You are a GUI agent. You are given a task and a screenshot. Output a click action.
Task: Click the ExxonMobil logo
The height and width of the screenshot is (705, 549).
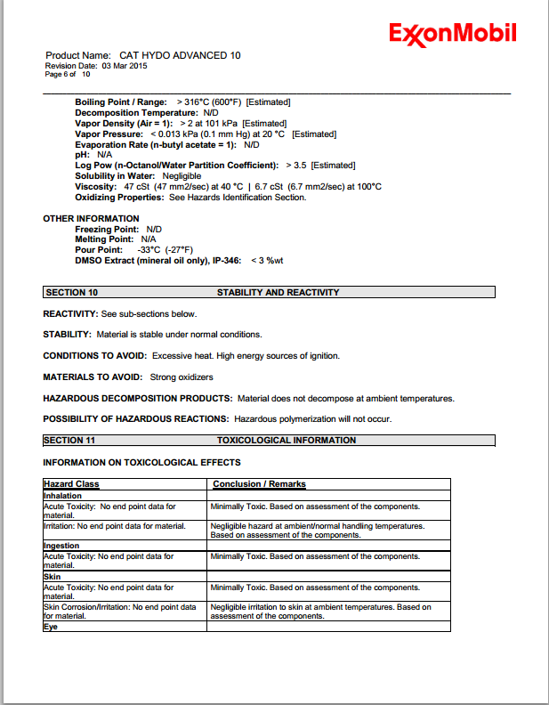coord(452,34)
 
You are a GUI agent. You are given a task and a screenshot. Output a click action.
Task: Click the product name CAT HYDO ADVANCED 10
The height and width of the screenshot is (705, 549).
coord(180,55)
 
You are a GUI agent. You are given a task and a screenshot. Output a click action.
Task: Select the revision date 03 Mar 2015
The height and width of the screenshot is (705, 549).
coord(125,66)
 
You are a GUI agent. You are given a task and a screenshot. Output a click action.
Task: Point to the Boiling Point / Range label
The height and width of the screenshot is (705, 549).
coord(121,102)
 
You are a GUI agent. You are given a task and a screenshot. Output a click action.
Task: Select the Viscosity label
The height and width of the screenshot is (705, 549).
coord(96,187)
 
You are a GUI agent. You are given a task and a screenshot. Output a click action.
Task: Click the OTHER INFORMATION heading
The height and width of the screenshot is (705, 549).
coord(91,218)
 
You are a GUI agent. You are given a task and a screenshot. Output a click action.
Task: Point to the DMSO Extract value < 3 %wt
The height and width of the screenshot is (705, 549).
coord(267,261)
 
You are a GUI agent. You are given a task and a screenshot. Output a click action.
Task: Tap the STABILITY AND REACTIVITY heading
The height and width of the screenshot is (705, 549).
coord(278,292)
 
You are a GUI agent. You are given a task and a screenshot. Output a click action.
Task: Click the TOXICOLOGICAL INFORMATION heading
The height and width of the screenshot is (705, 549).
coord(286,440)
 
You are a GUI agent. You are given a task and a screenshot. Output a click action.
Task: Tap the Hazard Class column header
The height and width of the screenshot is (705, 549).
coord(72,484)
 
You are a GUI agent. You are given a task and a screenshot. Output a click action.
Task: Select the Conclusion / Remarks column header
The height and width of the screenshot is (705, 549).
coord(259,484)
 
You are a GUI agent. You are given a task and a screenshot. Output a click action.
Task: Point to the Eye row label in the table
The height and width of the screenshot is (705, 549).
coord(51,627)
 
